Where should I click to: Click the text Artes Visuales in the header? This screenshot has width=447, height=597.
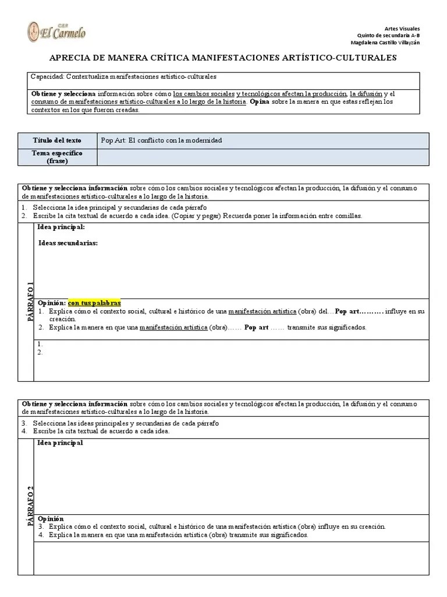[402, 29]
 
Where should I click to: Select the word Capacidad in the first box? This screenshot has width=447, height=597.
[47, 76]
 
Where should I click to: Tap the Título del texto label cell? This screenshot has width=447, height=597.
[57, 141]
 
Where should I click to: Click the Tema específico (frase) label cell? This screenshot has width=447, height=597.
[57, 157]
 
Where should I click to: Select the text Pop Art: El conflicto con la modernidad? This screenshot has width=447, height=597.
[161, 141]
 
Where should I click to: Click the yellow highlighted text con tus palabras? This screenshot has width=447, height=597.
[94, 303]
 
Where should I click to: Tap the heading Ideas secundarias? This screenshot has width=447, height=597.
[68, 243]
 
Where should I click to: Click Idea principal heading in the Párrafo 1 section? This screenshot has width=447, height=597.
[61, 227]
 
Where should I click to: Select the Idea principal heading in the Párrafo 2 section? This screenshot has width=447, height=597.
[61, 443]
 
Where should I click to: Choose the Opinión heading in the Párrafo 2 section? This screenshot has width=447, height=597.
[51, 519]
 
